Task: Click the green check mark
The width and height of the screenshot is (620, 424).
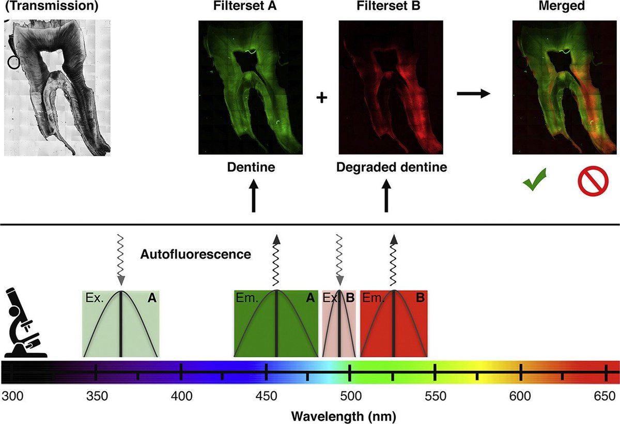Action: coord(534,183)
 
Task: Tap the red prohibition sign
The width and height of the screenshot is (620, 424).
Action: coord(589,183)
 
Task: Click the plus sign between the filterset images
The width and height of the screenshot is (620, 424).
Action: coord(322,98)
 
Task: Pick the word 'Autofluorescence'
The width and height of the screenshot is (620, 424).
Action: coord(196,254)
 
